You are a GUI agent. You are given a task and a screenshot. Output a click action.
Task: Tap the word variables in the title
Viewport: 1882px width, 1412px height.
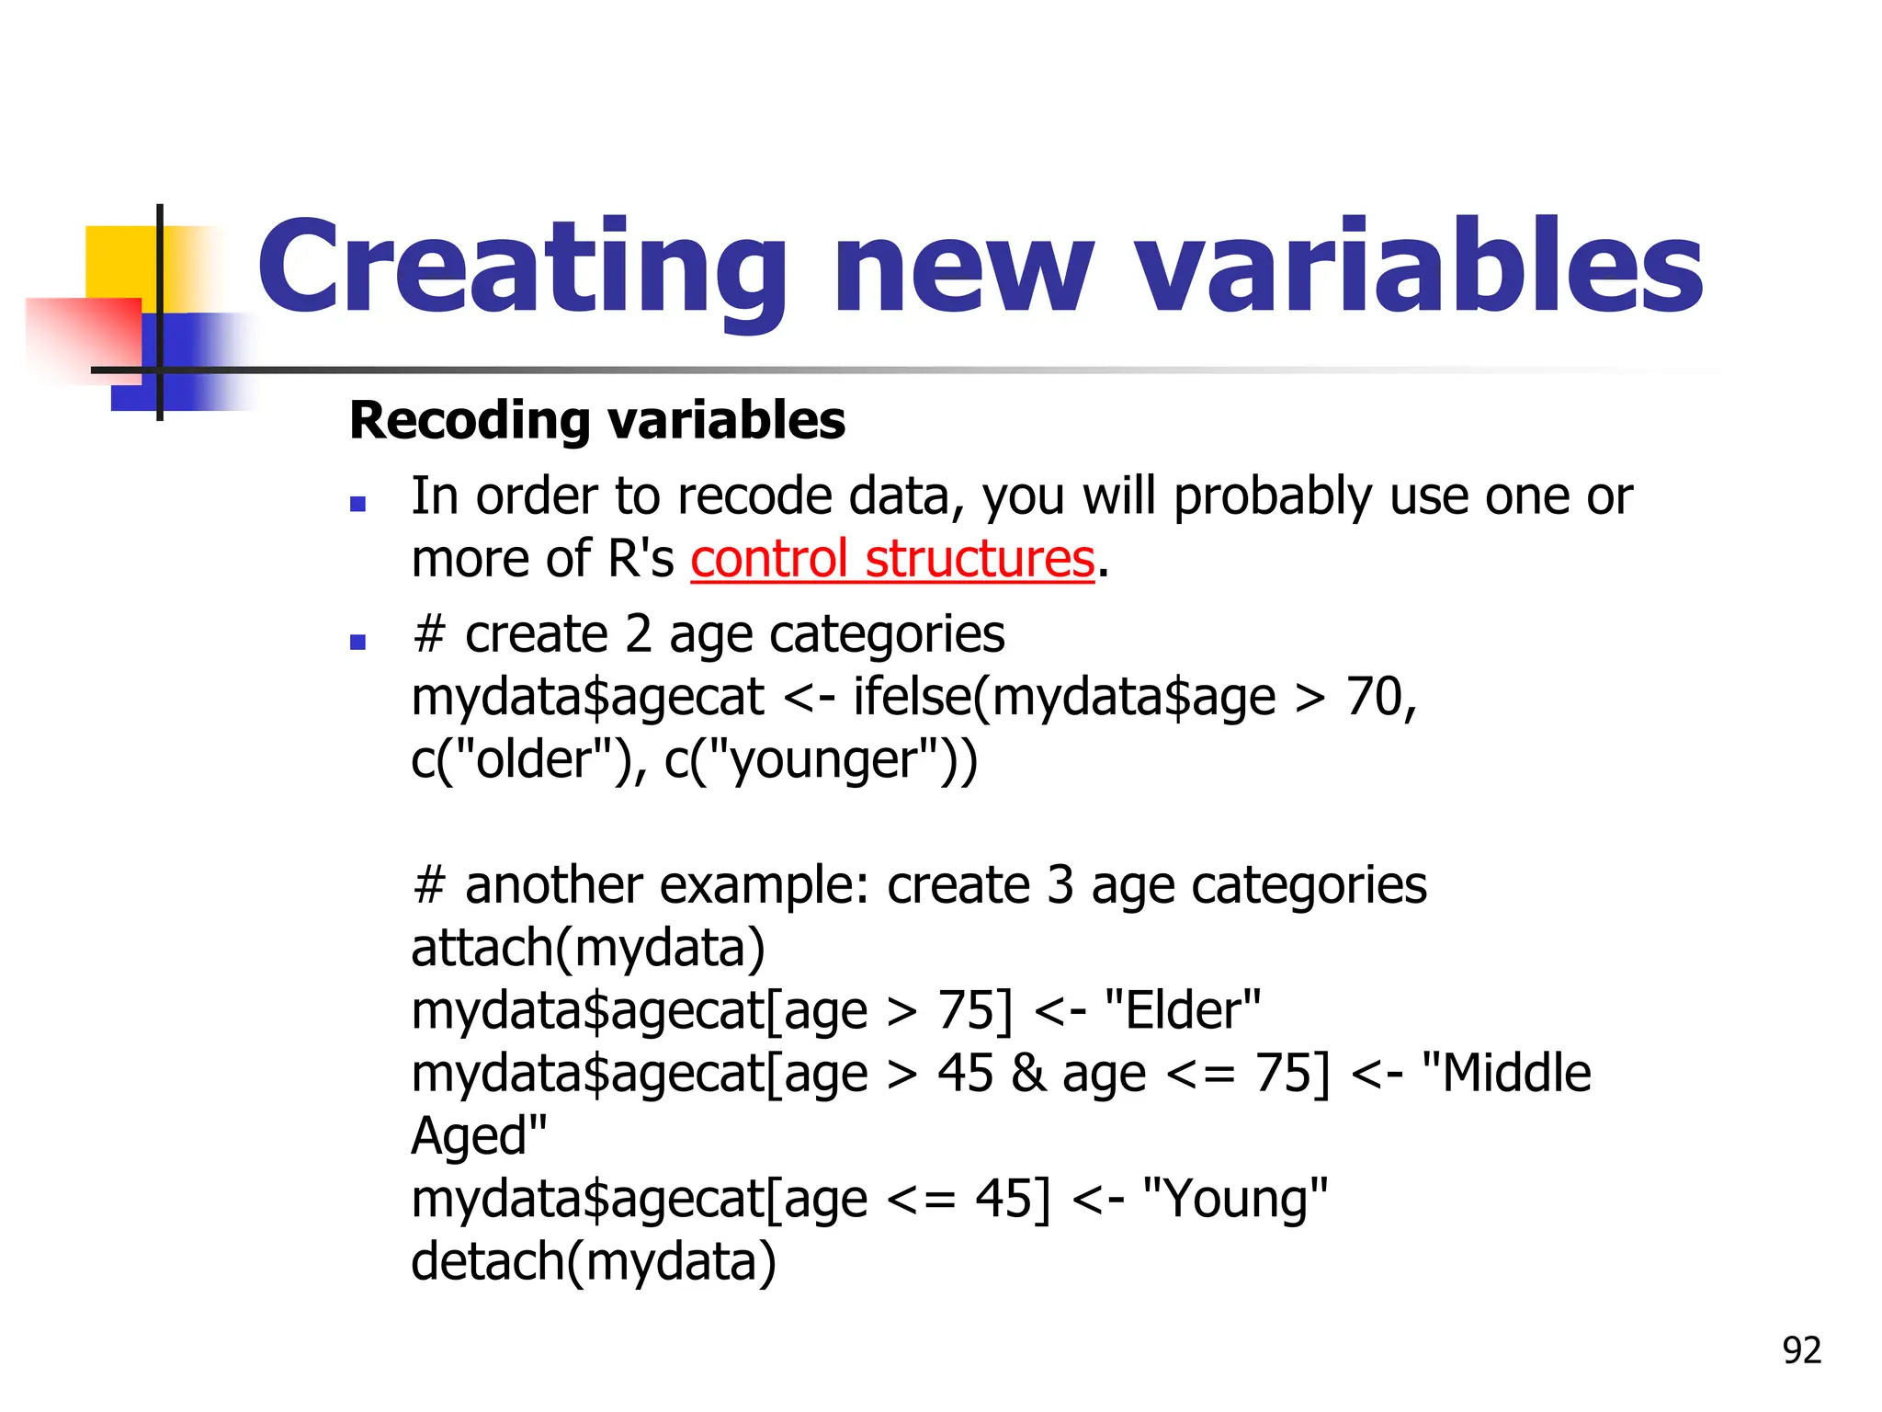click(x=1419, y=267)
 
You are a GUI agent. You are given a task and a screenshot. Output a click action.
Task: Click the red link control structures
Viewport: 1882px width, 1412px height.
click(x=892, y=559)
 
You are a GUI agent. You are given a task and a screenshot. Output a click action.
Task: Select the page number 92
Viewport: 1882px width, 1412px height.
click(x=1801, y=1350)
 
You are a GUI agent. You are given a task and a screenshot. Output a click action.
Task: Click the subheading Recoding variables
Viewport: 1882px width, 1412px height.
click(x=597, y=421)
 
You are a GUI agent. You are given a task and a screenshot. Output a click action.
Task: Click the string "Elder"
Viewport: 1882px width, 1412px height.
click(x=1183, y=1010)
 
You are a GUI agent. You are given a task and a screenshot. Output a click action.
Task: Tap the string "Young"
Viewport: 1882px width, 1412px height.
click(x=1235, y=1199)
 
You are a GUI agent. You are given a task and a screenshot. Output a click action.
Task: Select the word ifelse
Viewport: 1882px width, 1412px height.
click(x=911, y=697)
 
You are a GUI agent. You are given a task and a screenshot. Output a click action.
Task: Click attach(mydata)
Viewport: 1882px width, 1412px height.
click(x=588, y=948)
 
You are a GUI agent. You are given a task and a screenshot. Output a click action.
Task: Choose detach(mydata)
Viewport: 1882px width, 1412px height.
click(x=594, y=1261)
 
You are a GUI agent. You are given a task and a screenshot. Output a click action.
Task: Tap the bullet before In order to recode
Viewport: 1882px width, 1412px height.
click(x=358, y=504)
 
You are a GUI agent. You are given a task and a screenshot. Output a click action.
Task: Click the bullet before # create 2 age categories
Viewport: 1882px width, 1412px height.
click(x=358, y=642)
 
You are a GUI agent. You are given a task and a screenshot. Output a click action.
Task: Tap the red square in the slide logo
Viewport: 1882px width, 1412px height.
click(x=83, y=336)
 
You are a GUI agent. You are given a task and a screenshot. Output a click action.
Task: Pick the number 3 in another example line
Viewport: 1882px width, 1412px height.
click(x=1060, y=885)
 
